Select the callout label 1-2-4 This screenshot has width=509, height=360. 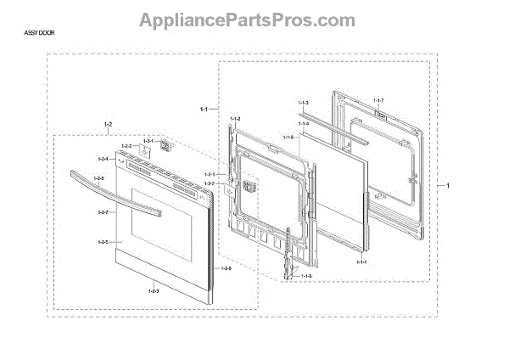point(103,160)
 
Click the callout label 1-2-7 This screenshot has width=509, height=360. point(103,211)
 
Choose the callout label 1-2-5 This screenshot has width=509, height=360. point(103,243)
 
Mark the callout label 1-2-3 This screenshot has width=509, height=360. point(154,292)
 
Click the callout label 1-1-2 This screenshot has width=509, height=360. point(234,118)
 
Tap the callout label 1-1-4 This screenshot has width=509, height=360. point(303,124)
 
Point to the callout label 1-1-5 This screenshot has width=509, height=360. point(288,138)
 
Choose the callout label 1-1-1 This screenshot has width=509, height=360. point(362,262)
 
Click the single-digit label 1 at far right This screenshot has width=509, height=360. point(449,185)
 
